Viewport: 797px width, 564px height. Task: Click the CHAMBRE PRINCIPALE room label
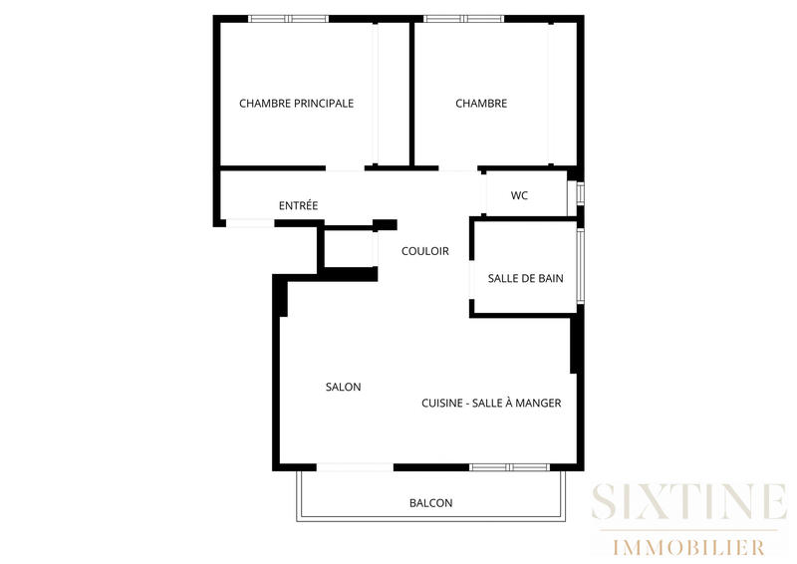pos(296,104)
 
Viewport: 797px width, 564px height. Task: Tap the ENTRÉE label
pos(298,206)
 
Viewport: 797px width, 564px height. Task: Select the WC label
pos(519,195)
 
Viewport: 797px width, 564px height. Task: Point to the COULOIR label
pos(424,251)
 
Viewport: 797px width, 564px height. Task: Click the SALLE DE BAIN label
pos(525,279)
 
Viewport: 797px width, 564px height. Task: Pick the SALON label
pos(343,387)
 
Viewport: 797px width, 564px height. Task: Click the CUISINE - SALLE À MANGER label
pos(491,404)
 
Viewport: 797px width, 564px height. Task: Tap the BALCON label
pos(430,503)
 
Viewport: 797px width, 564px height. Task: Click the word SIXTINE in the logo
pos(688,501)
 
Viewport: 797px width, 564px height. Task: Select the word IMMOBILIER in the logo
pos(688,547)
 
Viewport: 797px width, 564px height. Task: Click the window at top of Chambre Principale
pos(288,18)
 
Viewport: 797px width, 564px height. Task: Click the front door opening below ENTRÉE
pos(250,222)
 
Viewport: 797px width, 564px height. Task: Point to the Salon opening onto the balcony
pos(355,466)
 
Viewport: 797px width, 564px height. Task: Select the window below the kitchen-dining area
pos(509,466)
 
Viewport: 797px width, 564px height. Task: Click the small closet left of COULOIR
pos(348,248)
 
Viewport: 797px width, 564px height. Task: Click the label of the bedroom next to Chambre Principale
pos(481,104)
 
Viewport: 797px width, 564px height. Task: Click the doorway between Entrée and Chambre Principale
pos(345,167)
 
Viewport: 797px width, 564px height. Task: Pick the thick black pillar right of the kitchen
pos(575,345)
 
